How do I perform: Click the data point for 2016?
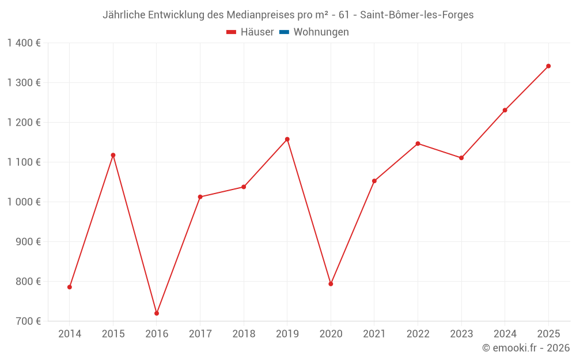coord(157,313)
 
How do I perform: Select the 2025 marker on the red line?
coord(548,66)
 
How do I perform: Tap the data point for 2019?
coord(287,139)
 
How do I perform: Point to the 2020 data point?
coord(331,284)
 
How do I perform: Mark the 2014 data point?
coord(70,287)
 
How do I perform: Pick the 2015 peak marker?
coord(113,155)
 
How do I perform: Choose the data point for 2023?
coord(461,158)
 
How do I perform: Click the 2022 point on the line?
coord(418,143)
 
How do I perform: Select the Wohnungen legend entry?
coord(321,32)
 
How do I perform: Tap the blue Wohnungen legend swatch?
coord(284,32)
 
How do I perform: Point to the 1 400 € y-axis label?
coord(24,43)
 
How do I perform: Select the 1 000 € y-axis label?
coord(24,202)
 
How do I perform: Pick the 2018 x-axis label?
coord(244,334)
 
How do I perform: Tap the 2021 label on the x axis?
coord(374,334)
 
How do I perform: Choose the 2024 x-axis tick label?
coord(505,334)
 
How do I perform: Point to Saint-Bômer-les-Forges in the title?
coord(416,15)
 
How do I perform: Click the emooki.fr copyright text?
coord(526,348)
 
